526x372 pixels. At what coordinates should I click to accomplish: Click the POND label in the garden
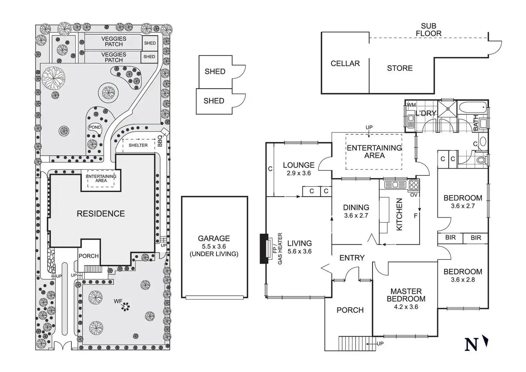(95, 128)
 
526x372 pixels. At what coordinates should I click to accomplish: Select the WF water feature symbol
(125, 306)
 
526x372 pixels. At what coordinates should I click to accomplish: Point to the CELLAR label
(345, 64)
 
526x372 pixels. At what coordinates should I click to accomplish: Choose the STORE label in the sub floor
(400, 68)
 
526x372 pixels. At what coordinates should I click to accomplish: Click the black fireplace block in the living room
(264, 248)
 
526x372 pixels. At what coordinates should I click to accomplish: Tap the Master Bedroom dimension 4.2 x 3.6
(406, 307)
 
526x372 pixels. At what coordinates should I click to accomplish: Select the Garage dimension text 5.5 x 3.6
(214, 247)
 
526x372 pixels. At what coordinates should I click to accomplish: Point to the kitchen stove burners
(413, 185)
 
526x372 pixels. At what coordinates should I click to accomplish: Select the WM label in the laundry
(411, 105)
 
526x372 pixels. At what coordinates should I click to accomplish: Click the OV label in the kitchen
(414, 195)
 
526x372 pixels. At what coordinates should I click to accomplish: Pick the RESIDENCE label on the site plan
(101, 214)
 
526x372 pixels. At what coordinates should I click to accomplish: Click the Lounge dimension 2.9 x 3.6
(299, 173)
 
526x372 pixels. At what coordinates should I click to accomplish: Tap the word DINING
(356, 208)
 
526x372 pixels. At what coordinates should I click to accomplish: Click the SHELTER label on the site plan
(138, 145)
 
